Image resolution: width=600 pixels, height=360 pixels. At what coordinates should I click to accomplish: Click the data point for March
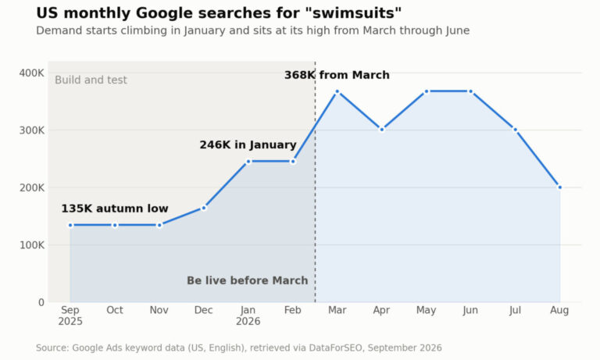pos(337,91)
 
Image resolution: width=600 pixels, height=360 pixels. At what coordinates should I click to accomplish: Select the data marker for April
pos(381,130)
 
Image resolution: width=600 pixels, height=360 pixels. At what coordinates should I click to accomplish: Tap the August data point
pos(559,187)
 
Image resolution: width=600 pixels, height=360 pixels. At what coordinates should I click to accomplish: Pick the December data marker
pos(204,209)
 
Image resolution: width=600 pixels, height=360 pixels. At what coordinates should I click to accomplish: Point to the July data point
pos(515,130)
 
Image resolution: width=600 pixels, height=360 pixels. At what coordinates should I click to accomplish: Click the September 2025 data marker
pos(70,226)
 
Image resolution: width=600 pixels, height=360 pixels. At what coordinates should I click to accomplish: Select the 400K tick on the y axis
pos(32,73)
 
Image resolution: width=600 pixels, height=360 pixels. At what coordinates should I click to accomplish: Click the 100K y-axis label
pos(32,245)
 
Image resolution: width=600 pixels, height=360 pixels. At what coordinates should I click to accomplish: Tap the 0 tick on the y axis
pos(41,302)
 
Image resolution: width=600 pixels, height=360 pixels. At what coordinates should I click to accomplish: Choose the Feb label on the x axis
pos(293,310)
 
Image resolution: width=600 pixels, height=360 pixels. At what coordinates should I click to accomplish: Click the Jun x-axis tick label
pos(470,310)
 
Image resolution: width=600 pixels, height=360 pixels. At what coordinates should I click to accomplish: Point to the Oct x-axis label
pos(115,310)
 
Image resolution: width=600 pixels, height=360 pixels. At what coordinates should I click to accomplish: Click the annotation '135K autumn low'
pos(115,209)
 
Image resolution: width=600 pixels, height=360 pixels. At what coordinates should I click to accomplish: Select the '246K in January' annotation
pos(248,145)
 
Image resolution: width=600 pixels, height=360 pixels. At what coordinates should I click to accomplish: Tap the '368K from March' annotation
pos(337,75)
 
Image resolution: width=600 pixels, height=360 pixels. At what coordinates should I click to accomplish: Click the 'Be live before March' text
pos(247,280)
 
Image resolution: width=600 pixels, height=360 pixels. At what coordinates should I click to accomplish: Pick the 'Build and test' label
pos(91,80)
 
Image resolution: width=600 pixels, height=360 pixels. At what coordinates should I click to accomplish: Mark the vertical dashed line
pos(316,182)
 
